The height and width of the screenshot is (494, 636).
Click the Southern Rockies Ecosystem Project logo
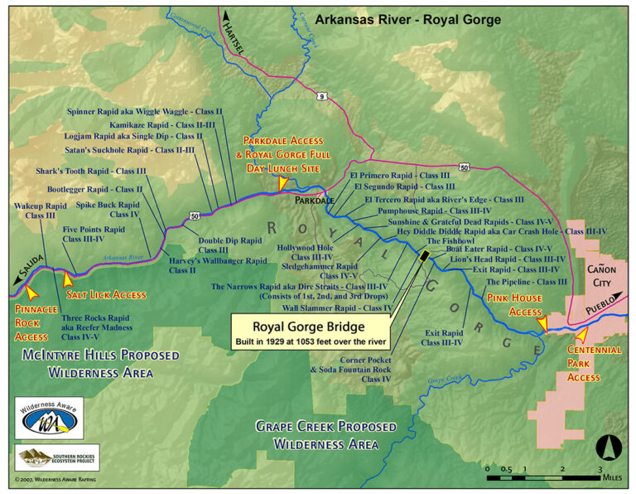click(x=48, y=457)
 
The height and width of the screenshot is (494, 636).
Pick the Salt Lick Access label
click(x=105, y=294)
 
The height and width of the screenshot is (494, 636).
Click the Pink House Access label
click(x=513, y=304)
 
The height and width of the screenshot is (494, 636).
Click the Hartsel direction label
click(x=236, y=36)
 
